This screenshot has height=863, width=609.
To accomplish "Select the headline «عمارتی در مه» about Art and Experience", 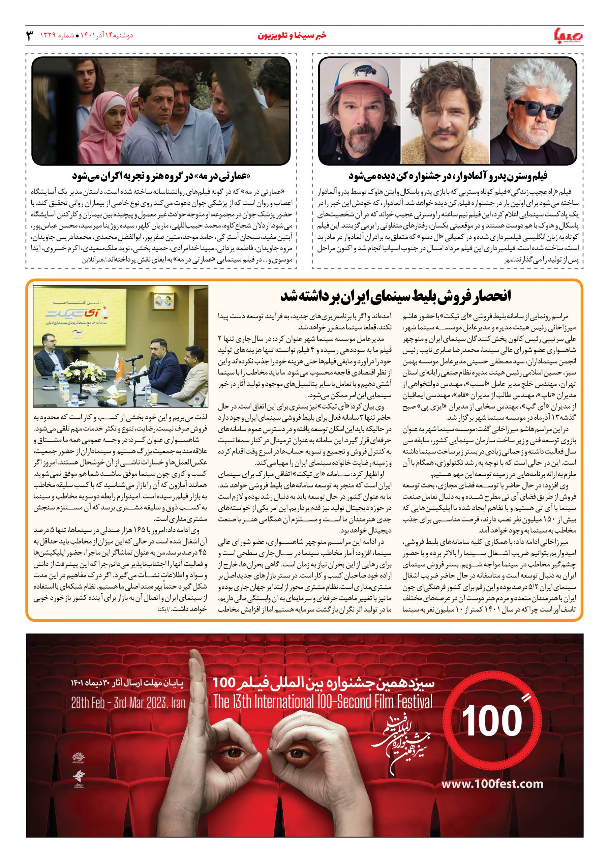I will (161, 176).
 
